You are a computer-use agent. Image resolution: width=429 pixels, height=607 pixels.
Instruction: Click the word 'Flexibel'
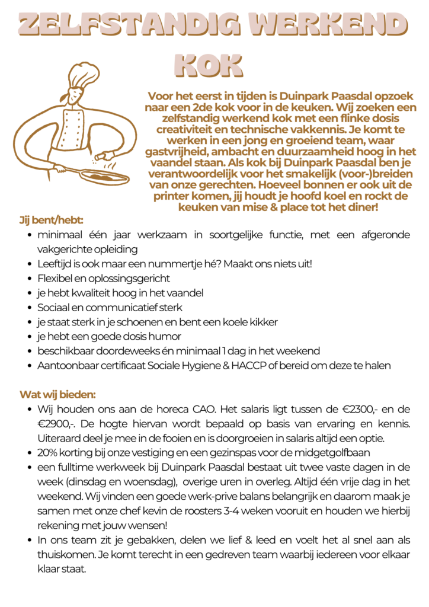(x=55, y=278)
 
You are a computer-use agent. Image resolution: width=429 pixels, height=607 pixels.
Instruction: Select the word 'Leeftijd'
(x=55, y=264)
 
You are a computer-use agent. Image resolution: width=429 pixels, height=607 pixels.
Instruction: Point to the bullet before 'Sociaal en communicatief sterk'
(x=30, y=308)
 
